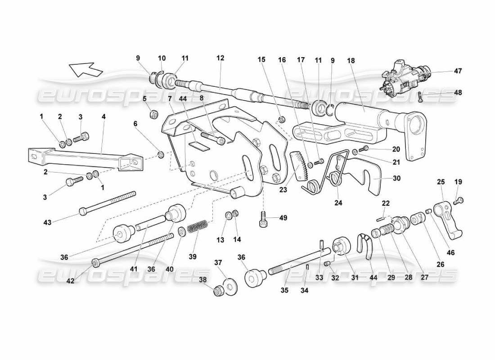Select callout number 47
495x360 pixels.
458,71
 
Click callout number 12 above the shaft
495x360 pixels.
220,58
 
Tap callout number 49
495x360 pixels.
283,218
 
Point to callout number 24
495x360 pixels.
338,203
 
